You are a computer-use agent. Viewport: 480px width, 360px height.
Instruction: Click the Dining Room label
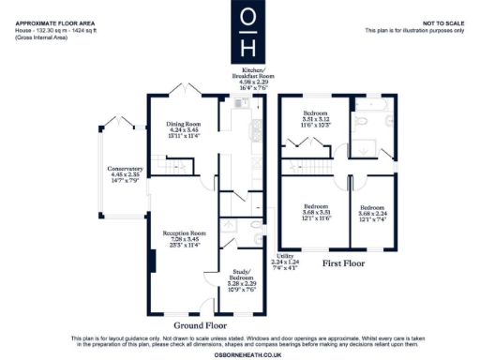(184, 128)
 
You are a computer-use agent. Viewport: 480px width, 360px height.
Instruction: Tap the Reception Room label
(185, 238)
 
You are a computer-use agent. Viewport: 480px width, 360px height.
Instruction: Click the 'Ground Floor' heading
(198, 326)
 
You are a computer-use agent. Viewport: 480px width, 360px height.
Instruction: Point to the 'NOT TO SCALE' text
(442, 22)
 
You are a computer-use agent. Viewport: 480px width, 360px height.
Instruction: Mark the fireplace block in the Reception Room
(153, 260)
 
